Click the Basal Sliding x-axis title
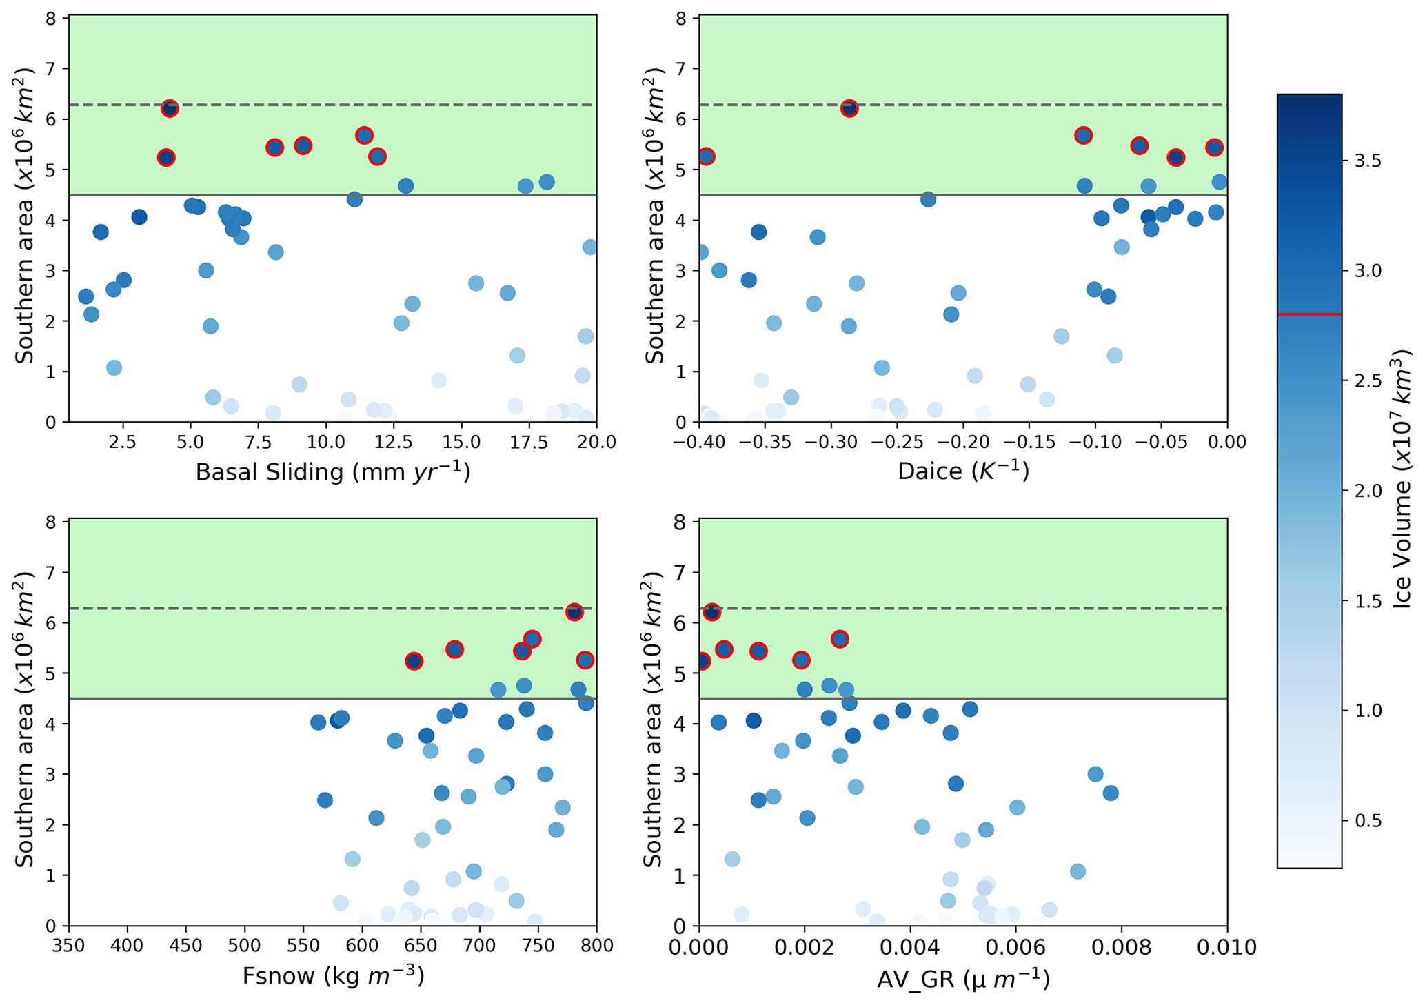[333, 472]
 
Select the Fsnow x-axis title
[333, 976]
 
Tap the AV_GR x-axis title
[963, 979]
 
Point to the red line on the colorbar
[1309, 314]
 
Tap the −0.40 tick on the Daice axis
[699, 441]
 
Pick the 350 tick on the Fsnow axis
[69, 945]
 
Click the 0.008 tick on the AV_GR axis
[1122, 948]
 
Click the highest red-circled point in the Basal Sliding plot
[170, 109]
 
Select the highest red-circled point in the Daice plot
[849, 108]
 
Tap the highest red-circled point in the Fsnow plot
[574, 612]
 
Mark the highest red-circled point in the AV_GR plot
[712, 612]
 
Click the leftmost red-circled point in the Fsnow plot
[414, 661]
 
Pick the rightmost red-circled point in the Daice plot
[1214, 148]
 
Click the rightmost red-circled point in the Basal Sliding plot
[377, 156]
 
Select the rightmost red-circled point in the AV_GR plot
[840, 639]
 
